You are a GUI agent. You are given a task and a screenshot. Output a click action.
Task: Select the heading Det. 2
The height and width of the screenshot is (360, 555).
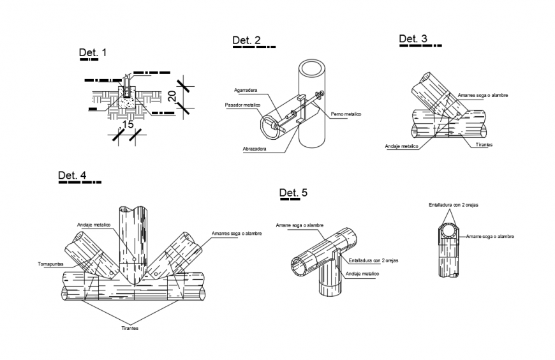coord(246,41)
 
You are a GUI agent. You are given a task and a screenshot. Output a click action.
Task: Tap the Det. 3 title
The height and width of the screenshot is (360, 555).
coord(413,39)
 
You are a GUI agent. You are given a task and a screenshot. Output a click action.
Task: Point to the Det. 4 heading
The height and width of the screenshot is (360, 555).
coord(72,176)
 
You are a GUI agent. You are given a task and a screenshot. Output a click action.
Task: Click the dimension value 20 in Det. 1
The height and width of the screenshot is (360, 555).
coord(172,96)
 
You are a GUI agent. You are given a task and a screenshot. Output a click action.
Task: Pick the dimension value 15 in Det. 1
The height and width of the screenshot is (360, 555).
coord(128,124)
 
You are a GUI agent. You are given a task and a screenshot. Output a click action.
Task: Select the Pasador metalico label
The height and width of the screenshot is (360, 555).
coord(242,105)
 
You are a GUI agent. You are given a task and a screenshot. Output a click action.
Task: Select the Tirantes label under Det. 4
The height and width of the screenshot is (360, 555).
coord(129,328)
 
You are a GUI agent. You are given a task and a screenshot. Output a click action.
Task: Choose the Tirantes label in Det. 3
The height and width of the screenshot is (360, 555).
coord(484,145)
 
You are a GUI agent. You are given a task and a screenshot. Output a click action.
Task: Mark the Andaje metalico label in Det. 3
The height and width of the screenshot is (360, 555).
coord(401,146)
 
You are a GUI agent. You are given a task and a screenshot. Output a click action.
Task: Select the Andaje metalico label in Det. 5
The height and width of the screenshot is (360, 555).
coord(362,274)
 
